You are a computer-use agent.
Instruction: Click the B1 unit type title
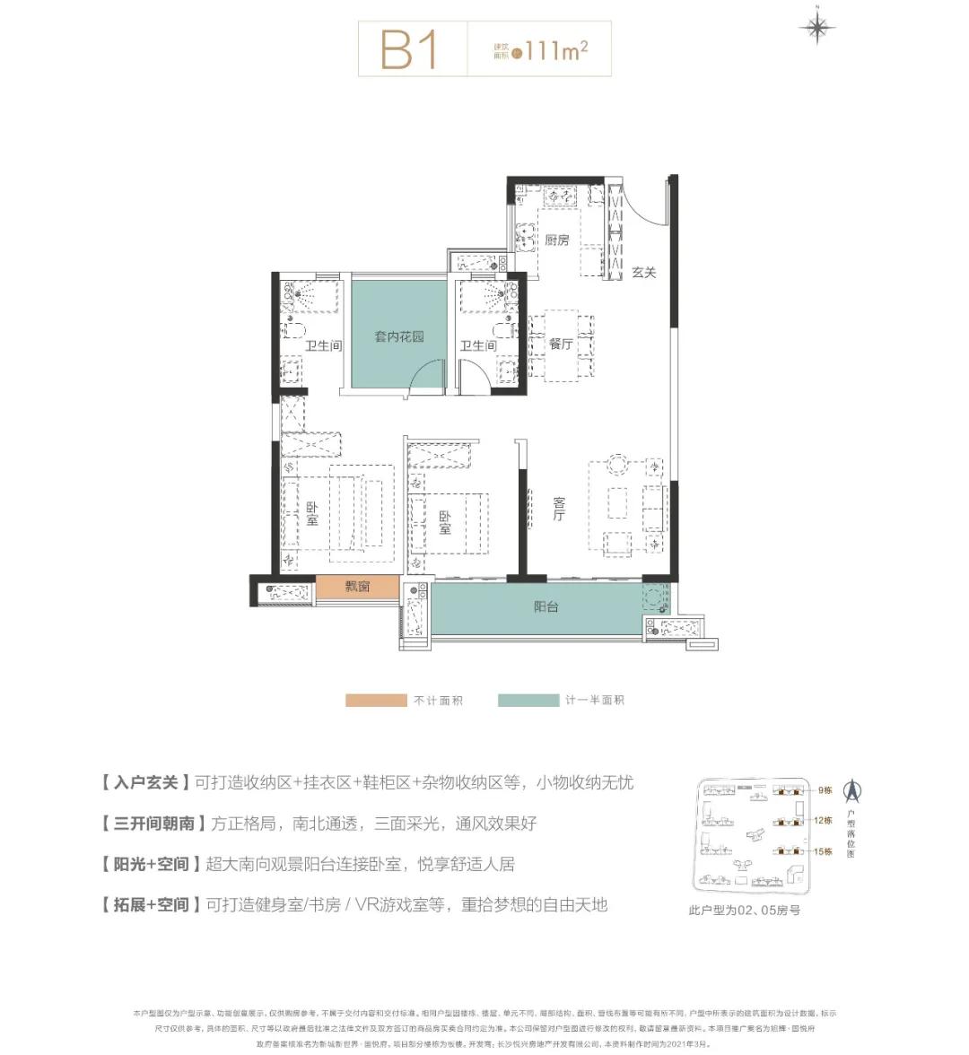click(409, 49)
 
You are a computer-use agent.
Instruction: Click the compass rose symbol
click(816, 28)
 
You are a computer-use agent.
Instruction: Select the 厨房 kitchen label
click(557, 240)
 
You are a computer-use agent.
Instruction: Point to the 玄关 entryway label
click(643, 272)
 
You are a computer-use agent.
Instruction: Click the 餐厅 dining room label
click(561, 344)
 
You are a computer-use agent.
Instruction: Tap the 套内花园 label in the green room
click(398, 337)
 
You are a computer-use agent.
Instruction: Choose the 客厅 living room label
click(558, 510)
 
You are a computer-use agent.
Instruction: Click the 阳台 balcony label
click(546, 607)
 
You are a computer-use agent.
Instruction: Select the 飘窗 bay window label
click(357, 587)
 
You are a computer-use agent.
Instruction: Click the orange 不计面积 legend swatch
click(376, 700)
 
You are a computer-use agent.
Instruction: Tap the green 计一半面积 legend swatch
click(528, 700)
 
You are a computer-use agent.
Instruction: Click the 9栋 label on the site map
click(825, 790)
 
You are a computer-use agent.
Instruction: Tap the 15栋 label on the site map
click(824, 851)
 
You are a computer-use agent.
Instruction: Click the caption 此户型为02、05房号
click(744, 910)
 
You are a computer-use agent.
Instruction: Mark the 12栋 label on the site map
click(824, 820)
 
